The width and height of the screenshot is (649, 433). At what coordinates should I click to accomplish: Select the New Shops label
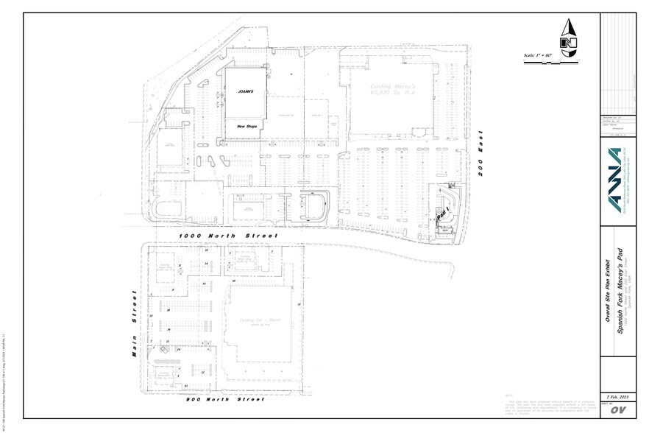[245, 126]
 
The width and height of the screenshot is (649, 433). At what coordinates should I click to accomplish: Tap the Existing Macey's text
[387, 86]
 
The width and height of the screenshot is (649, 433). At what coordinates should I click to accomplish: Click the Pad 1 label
[441, 216]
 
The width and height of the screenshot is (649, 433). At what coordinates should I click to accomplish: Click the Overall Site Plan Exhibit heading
[608, 291]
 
